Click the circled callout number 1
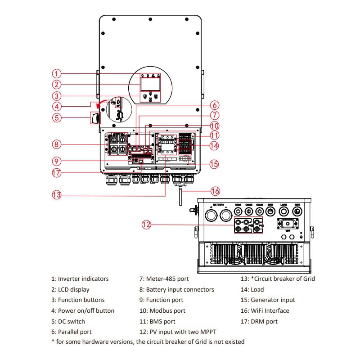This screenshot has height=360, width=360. click(56, 73)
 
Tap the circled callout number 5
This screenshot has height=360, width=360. click(56, 118)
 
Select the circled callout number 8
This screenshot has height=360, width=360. click(56, 144)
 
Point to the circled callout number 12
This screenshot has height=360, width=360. click(146, 225)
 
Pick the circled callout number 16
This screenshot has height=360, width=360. click(216, 191)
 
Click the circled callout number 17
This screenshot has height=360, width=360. click(56, 172)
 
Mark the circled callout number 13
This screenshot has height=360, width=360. click(56, 195)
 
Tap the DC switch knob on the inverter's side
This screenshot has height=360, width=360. click(95, 118)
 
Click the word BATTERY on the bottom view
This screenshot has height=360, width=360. click(219, 205)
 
